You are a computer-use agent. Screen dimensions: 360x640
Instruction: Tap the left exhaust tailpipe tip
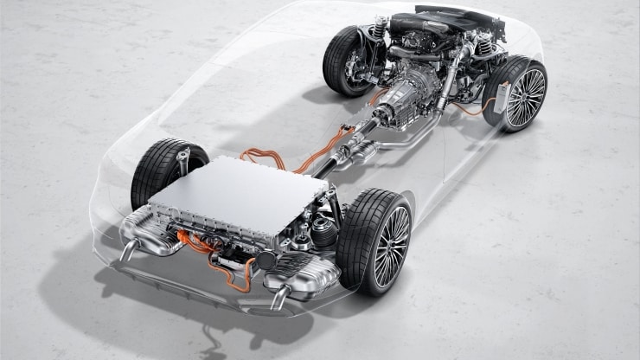tap(126, 252)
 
